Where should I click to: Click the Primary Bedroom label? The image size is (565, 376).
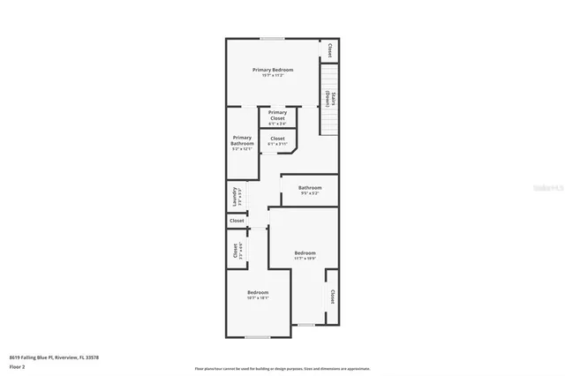[x=273, y=70]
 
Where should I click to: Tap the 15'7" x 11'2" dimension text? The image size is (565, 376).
[x=273, y=76]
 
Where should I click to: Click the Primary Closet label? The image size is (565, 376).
[x=277, y=115]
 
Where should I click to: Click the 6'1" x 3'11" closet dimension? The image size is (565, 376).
[x=277, y=144]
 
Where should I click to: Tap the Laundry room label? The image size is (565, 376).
[x=235, y=196]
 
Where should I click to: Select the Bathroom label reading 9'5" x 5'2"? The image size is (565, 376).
[x=309, y=187]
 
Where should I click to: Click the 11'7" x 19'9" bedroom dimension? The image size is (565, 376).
[x=305, y=259]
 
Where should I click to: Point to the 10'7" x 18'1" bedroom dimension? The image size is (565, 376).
[x=258, y=298]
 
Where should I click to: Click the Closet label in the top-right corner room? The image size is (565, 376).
[x=330, y=49]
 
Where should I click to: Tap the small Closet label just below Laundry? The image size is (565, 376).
[x=237, y=221]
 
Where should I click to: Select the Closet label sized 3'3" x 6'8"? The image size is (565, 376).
[x=235, y=250]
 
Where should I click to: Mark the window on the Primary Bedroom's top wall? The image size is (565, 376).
[x=272, y=38]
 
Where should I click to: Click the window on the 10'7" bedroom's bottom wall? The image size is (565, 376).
[x=257, y=337]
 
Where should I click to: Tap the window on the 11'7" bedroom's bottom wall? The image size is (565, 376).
[x=305, y=325]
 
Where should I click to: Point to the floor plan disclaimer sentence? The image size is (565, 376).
[x=282, y=369]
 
